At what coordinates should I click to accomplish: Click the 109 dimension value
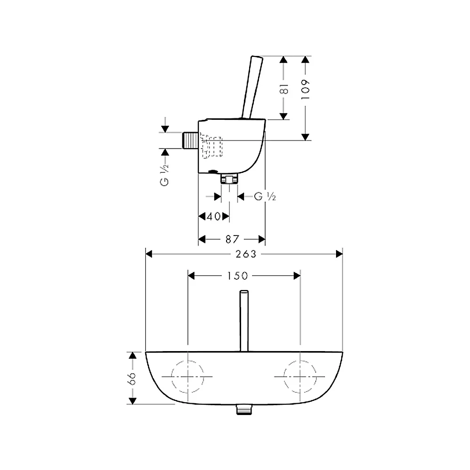pyautogui.click(x=305, y=90)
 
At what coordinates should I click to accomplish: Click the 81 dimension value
pyautogui.click(x=284, y=89)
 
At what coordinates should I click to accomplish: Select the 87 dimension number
pyautogui.click(x=232, y=239)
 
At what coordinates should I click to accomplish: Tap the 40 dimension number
pyautogui.click(x=214, y=216)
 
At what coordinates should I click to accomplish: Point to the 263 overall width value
pyautogui.click(x=246, y=254)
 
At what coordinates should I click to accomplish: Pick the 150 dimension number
pyautogui.click(x=237, y=276)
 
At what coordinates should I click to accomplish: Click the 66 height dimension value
pyautogui.click(x=132, y=378)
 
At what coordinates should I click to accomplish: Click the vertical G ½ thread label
pyautogui.click(x=164, y=175)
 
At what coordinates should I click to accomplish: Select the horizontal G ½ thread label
pyautogui.click(x=265, y=196)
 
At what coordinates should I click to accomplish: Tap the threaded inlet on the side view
pyautogui.click(x=190, y=140)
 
